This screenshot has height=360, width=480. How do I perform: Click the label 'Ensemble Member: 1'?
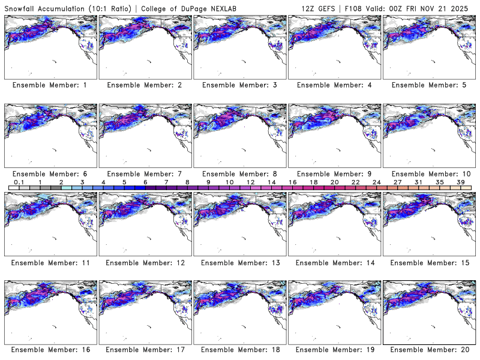coord(50,86)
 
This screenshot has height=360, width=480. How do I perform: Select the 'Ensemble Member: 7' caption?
coord(145,174)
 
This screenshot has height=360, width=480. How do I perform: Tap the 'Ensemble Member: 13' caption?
coord(239,262)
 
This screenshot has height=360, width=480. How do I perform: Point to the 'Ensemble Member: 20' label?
coord(428,350)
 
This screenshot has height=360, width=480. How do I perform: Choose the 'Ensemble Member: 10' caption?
coord(428,174)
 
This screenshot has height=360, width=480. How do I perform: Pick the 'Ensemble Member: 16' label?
coord(50,350)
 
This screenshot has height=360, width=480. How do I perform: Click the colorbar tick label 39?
coord(461,182)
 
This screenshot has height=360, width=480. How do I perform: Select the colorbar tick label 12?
coord(250,182)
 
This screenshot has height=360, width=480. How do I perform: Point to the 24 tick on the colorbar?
coord(376,182)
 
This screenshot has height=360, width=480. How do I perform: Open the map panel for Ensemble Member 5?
coord(428,46)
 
